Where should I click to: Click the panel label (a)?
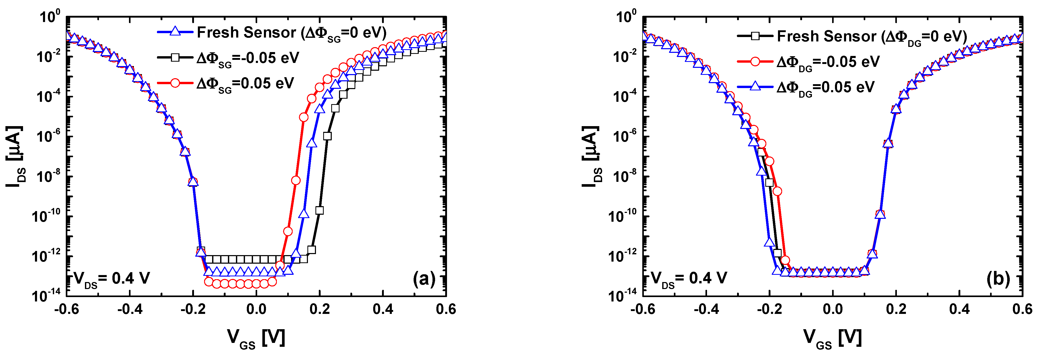click(424, 279)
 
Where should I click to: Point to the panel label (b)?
click(998, 279)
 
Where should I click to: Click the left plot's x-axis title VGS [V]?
click(256, 338)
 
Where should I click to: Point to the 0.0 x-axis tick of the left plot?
click(256, 309)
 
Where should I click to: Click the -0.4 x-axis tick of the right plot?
click(706, 309)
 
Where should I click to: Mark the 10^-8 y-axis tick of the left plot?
click(48, 176)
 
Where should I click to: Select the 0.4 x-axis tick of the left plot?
click(383, 309)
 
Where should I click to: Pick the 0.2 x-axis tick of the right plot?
click(896, 309)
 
